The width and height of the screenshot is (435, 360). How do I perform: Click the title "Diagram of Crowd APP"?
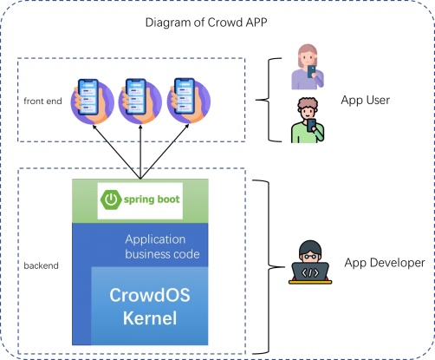pyautogui.click(x=206, y=23)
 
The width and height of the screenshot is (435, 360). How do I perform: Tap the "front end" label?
pyautogui.click(x=42, y=101)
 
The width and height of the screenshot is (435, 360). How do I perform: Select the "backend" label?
pyautogui.click(x=41, y=265)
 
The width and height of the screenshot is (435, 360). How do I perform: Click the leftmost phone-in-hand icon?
pyautogui.click(x=92, y=101)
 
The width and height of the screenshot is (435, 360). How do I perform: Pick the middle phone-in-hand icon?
pyautogui.click(x=140, y=101)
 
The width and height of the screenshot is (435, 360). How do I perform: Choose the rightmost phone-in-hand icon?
pyautogui.click(x=189, y=101)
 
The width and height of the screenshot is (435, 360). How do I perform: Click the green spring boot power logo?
pyautogui.click(x=111, y=200)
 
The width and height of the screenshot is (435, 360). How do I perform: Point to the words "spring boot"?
pyautogui.click(x=152, y=200)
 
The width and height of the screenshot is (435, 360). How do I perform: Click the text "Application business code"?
pyautogui.click(x=162, y=246)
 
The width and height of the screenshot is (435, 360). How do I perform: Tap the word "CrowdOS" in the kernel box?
pyautogui.click(x=150, y=295)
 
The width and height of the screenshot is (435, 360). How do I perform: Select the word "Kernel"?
pyautogui.click(x=150, y=318)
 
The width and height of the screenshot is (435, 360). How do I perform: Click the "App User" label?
pyautogui.click(x=365, y=100)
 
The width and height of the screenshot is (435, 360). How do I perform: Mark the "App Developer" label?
pyautogui.click(x=385, y=263)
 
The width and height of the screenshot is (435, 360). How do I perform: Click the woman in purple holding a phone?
pyautogui.click(x=308, y=67)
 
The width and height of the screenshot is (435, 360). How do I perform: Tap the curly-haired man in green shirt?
pyautogui.click(x=308, y=121)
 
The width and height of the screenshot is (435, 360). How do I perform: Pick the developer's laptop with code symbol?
pyautogui.click(x=310, y=272)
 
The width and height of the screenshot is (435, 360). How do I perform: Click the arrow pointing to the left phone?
pyautogui.click(x=116, y=152)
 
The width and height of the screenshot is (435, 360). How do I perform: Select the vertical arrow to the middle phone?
pyautogui.click(x=140, y=152)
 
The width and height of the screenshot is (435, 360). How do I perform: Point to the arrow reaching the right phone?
pyautogui.click(x=165, y=152)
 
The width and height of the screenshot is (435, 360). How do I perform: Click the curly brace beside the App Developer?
pyautogui.click(x=269, y=266)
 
